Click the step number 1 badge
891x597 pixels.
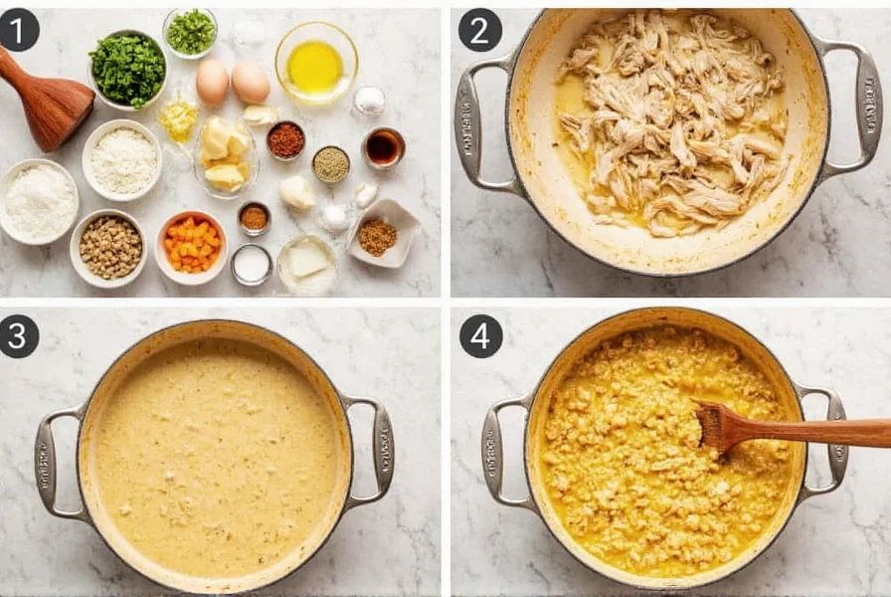[x=19, y=30]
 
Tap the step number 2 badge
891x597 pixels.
[x=479, y=30]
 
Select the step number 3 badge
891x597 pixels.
[x=19, y=336]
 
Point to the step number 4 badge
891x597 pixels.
[x=480, y=336]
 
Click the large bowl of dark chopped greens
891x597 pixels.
[x=127, y=70]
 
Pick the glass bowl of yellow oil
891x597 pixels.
[x=315, y=66]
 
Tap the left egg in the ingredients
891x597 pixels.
[x=212, y=82]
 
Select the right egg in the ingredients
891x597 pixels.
[x=251, y=83]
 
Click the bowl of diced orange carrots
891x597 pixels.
[x=192, y=246]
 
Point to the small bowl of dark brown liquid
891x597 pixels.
[x=383, y=147]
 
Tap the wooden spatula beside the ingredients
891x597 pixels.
[x=45, y=99]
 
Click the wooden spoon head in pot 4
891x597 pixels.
[x=721, y=426]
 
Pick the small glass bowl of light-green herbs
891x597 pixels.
[x=190, y=32]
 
